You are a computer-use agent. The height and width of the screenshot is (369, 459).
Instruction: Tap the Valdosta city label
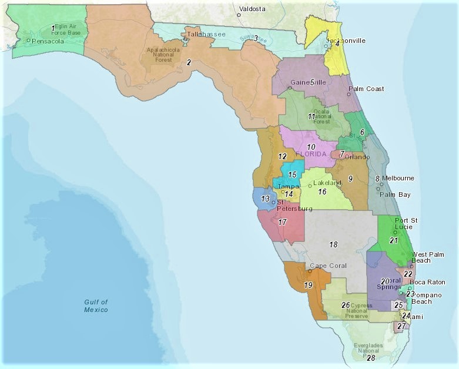pyautogui.click(x=252, y=9)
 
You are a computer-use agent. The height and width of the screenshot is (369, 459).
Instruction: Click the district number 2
pyautogui.click(x=189, y=62)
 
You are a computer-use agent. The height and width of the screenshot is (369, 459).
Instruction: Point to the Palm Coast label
pyautogui.click(x=366, y=89)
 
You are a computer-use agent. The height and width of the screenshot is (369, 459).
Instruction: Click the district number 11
pyautogui.click(x=311, y=116)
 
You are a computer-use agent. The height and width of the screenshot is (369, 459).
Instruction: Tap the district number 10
pyautogui.click(x=311, y=146)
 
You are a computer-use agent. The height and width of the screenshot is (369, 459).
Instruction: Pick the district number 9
pyautogui.click(x=350, y=178)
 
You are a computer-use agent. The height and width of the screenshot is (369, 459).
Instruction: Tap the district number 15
pyautogui.click(x=292, y=175)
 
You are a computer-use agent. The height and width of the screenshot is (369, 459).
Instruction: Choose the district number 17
pyautogui.click(x=282, y=222)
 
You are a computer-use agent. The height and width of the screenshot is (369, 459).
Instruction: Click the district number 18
pyautogui.click(x=333, y=244)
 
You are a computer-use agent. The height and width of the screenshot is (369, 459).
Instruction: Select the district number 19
pyautogui.click(x=308, y=285)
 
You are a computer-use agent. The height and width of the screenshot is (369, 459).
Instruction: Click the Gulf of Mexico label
pyautogui.click(x=96, y=306)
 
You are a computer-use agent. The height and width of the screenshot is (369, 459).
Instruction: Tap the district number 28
pyautogui.click(x=371, y=357)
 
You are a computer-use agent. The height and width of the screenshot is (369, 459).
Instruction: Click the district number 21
pyautogui.click(x=394, y=240)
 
